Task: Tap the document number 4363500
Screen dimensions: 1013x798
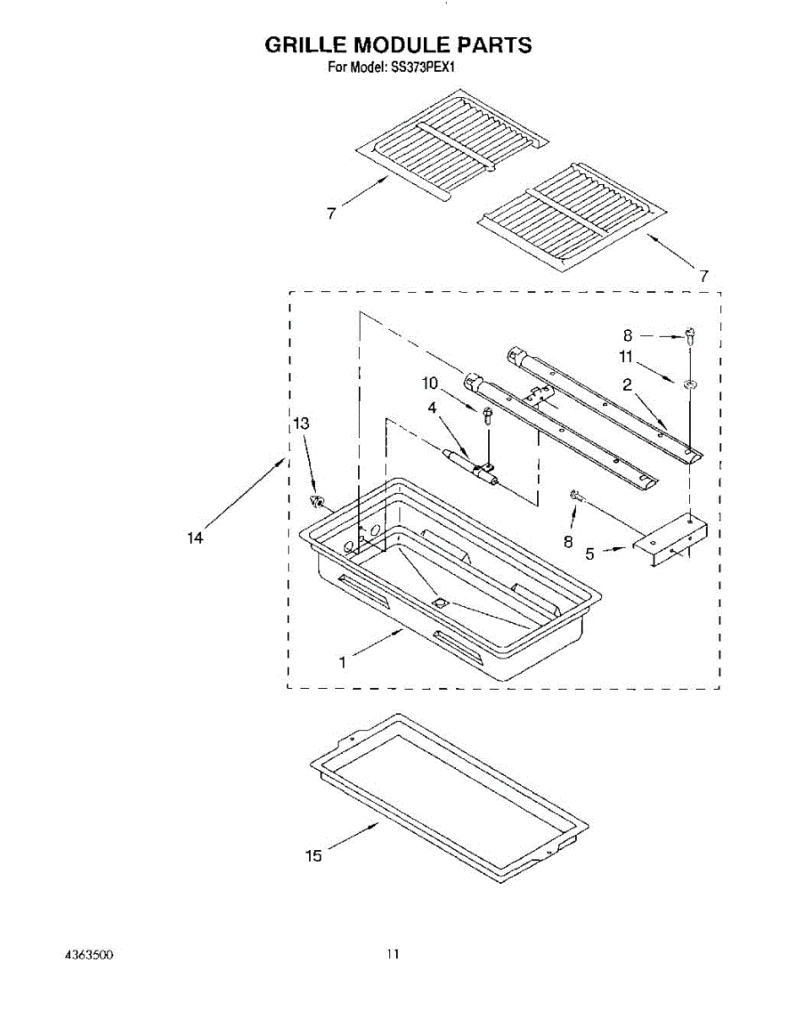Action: pyautogui.click(x=89, y=954)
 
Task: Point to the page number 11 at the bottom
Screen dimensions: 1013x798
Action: pyautogui.click(x=392, y=954)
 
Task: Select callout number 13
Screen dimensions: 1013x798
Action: pyautogui.click(x=301, y=425)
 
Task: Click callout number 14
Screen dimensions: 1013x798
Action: pyautogui.click(x=196, y=538)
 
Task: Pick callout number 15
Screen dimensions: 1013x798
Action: pyautogui.click(x=313, y=856)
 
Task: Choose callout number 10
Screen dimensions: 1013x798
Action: pyautogui.click(x=431, y=383)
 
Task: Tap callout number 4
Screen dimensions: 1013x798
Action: pyautogui.click(x=432, y=408)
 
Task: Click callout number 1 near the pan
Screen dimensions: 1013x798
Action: pyautogui.click(x=342, y=663)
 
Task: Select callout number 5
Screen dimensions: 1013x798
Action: pyautogui.click(x=589, y=555)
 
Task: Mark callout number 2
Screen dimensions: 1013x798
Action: pyautogui.click(x=627, y=385)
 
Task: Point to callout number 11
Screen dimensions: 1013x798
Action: pyautogui.click(x=626, y=357)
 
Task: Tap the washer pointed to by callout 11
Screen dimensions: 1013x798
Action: pyautogui.click(x=690, y=385)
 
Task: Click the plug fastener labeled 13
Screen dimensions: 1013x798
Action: pyautogui.click(x=318, y=502)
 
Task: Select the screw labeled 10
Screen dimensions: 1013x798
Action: pyautogui.click(x=488, y=415)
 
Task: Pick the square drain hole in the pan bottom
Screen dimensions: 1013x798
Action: pyautogui.click(x=439, y=603)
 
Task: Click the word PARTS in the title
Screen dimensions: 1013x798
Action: pyautogui.click(x=491, y=45)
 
